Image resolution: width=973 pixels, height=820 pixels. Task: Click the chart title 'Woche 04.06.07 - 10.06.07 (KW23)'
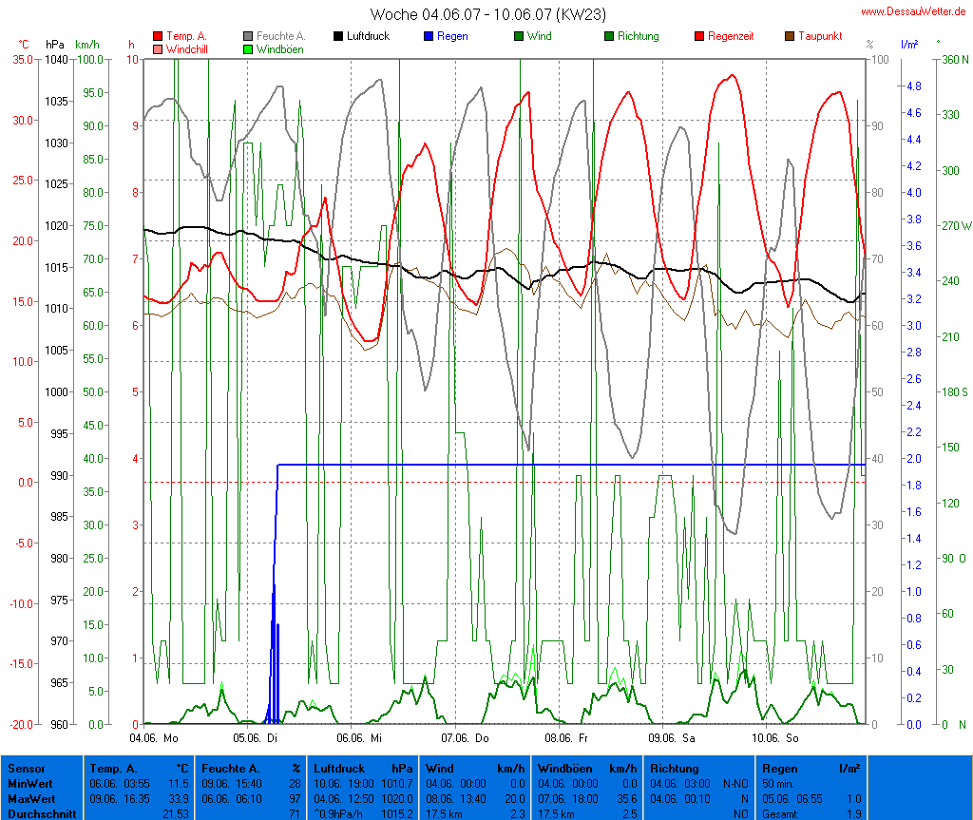click(488, 14)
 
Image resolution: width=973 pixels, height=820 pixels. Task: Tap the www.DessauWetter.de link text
click(913, 10)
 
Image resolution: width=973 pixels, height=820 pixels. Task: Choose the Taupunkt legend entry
click(815, 36)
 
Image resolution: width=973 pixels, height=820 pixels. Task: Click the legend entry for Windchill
click(190, 48)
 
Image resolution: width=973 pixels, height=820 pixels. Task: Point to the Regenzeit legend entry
click(730, 36)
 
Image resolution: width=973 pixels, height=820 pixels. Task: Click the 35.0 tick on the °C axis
click(22, 59)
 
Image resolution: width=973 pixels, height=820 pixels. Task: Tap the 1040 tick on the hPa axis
click(55, 59)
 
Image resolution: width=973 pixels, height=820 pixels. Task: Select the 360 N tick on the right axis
click(954, 60)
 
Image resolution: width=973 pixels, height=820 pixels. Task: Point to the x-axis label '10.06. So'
click(775, 737)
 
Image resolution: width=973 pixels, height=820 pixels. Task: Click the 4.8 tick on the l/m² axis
click(913, 86)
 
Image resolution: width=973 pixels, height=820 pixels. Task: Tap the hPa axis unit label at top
click(54, 45)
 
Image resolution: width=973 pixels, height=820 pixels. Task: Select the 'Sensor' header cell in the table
click(26, 769)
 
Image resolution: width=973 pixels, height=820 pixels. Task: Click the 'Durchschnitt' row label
click(38, 813)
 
